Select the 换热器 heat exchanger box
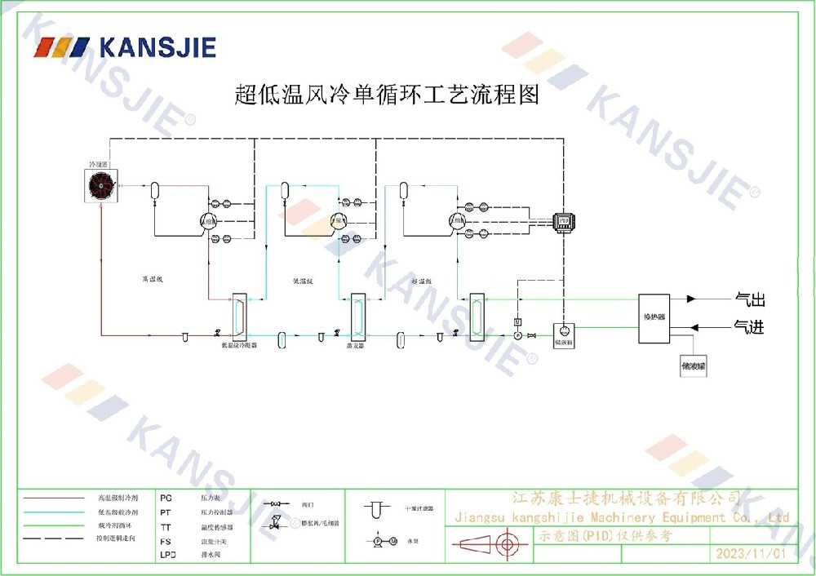click(x=654, y=318)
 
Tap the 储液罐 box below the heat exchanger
click(x=694, y=367)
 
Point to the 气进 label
click(x=750, y=327)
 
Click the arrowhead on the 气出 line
click(x=692, y=299)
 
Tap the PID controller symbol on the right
click(x=563, y=220)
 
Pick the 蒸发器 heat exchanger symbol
click(x=356, y=316)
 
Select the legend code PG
click(x=166, y=497)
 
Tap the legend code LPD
click(x=167, y=555)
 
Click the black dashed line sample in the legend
click(x=55, y=538)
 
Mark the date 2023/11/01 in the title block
click(x=750, y=553)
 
